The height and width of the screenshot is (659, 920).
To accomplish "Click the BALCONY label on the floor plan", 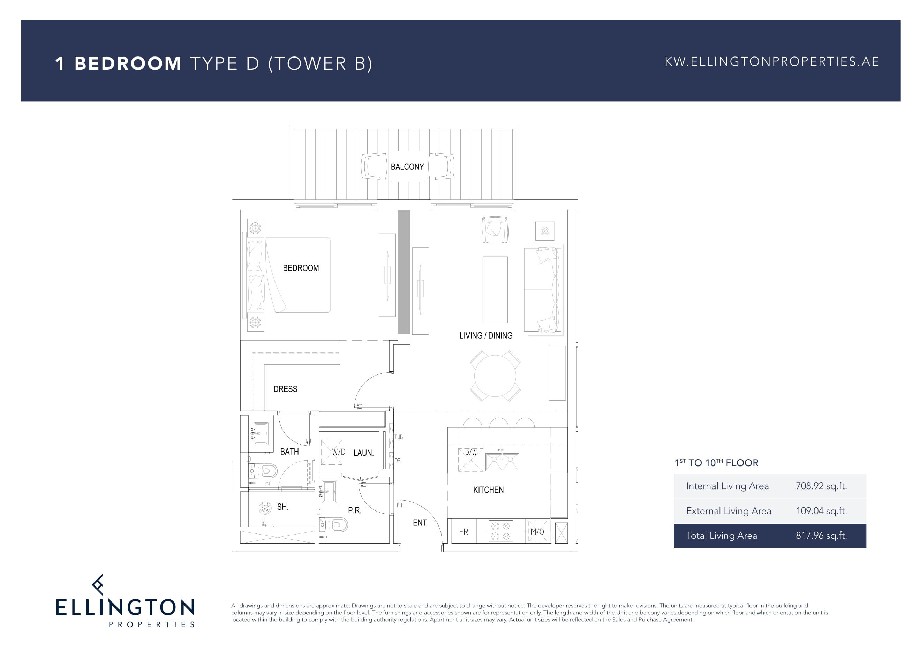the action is pyautogui.click(x=407, y=167).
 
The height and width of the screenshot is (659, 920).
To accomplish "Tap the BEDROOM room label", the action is pyautogui.click(x=301, y=268).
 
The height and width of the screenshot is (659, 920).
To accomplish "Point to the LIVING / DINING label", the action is pyautogui.click(x=485, y=335).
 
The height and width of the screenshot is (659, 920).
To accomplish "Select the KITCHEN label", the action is pyautogui.click(x=488, y=490).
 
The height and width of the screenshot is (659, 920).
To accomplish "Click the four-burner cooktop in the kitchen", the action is pyautogui.click(x=500, y=531).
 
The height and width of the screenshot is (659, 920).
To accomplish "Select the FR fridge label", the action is pyautogui.click(x=463, y=532).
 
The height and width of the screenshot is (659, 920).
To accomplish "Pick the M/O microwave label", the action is pyautogui.click(x=537, y=532).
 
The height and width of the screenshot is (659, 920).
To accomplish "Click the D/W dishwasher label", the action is pyautogui.click(x=470, y=452).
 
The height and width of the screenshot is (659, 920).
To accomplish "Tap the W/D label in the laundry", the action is pyautogui.click(x=338, y=452).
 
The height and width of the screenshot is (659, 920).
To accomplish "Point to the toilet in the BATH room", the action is pyautogui.click(x=263, y=471).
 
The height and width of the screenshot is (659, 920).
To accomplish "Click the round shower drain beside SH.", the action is pyautogui.click(x=265, y=508).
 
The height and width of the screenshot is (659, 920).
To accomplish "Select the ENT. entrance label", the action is pyautogui.click(x=421, y=523).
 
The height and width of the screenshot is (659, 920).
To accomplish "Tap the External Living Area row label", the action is pyautogui.click(x=729, y=510).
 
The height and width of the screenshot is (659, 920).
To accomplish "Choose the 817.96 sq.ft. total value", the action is pyautogui.click(x=821, y=535).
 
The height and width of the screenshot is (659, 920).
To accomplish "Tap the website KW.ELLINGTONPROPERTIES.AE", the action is pyautogui.click(x=771, y=62).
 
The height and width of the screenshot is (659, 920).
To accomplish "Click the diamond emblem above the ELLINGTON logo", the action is pyautogui.click(x=98, y=584).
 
